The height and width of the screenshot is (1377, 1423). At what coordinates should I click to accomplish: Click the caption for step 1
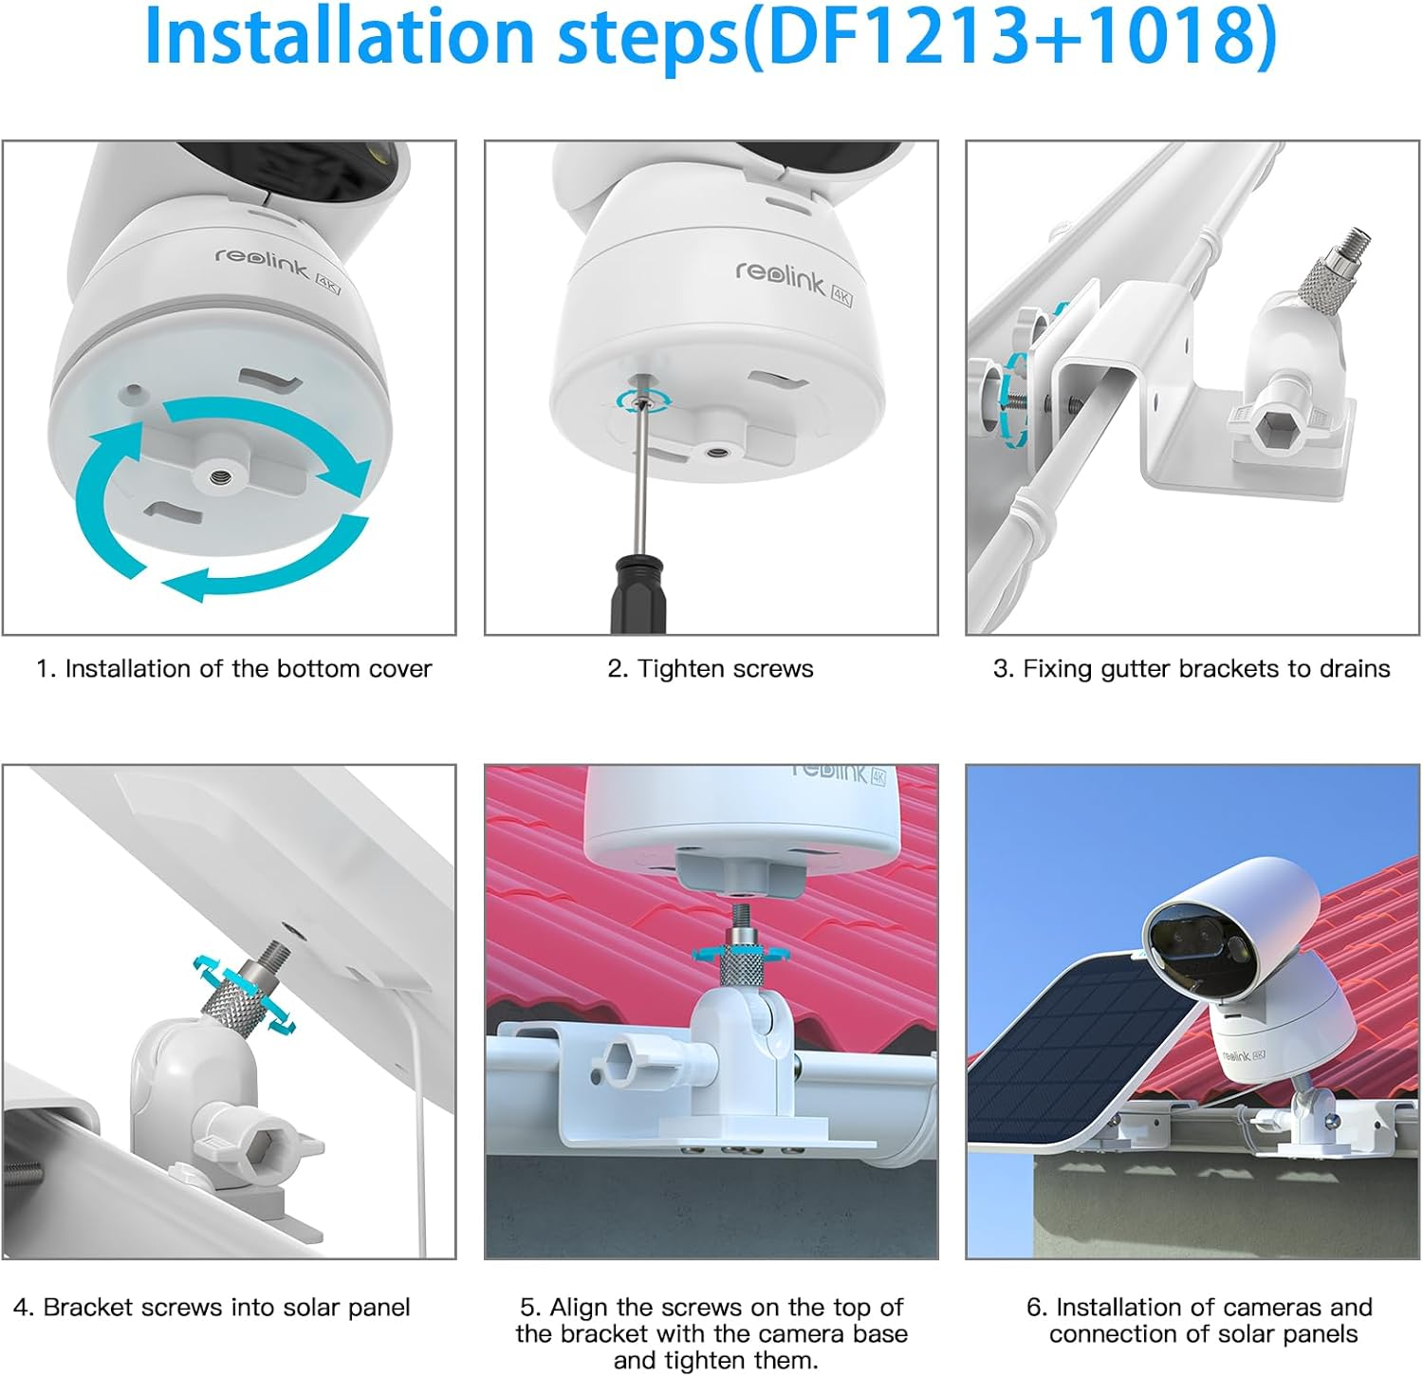(233, 669)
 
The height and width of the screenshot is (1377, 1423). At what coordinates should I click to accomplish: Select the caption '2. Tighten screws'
(711, 669)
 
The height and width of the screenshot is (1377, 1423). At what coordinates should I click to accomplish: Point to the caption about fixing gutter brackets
(1192, 669)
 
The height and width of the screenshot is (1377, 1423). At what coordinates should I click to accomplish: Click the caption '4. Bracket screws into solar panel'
(212, 1308)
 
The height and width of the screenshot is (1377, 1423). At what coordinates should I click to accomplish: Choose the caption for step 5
(711, 1333)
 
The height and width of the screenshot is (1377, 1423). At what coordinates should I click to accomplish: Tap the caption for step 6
(1200, 1320)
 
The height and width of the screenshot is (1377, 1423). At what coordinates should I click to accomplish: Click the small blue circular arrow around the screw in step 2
(642, 400)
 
